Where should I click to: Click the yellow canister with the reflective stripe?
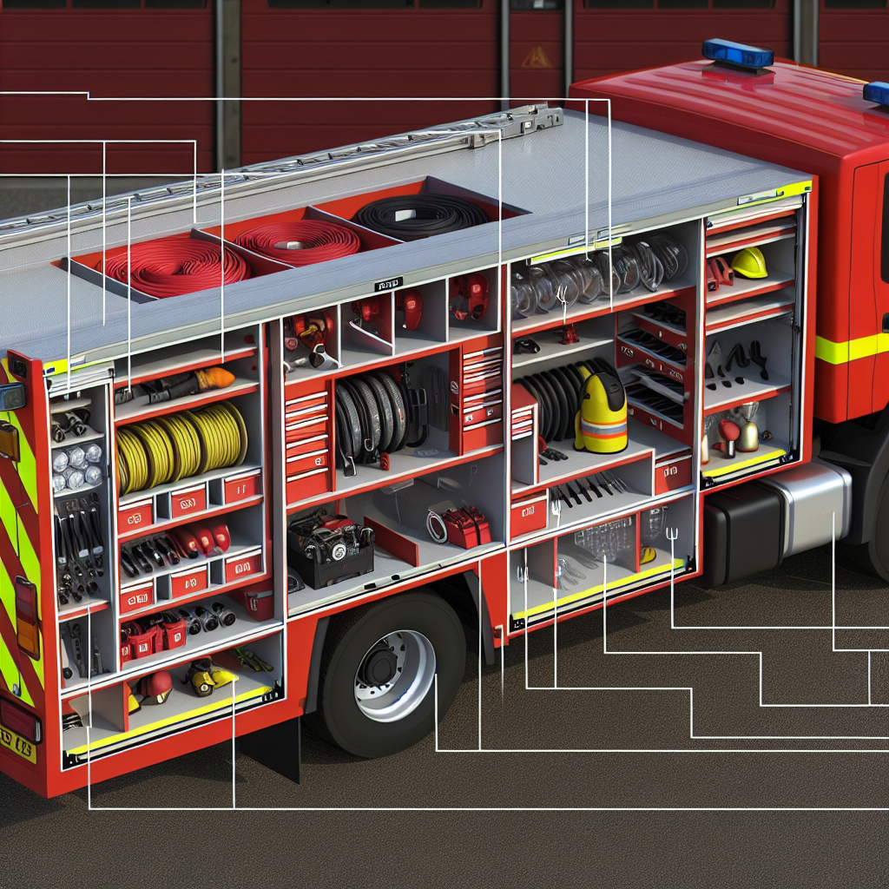601,415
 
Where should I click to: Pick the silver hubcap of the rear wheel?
394,675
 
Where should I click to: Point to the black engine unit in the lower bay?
330,547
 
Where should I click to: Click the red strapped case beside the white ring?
468,526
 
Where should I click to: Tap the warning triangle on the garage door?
536,57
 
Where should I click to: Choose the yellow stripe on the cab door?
846,349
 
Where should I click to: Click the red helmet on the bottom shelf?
156,686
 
